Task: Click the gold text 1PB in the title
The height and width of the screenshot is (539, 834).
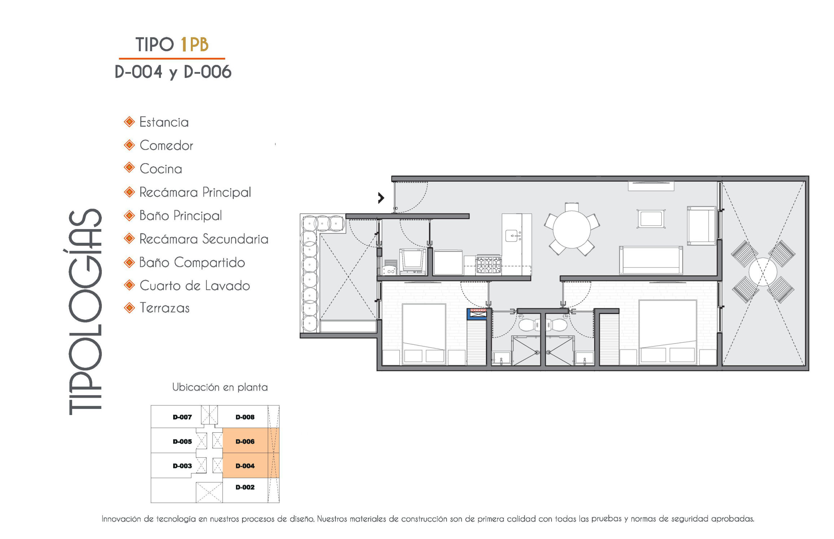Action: (194, 45)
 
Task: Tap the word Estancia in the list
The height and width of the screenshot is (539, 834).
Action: (164, 122)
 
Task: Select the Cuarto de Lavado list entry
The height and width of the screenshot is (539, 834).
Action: (194, 286)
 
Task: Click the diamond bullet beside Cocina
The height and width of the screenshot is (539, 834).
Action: (129, 168)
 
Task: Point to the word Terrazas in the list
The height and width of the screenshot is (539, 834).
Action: (164, 308)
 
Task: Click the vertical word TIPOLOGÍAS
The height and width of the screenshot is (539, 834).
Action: (85, 312)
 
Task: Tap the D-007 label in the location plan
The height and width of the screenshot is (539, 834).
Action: (182, 417)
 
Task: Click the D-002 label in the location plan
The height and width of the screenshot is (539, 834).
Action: (245, 487)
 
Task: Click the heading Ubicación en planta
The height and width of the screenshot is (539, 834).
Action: (220, 387)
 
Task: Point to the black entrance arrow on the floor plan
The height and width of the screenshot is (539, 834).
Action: (381, 198)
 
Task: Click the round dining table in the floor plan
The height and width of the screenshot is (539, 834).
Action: (571, 229)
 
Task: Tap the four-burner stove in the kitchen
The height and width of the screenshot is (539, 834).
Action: (488, 265)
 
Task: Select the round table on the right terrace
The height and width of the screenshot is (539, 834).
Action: (763, 272)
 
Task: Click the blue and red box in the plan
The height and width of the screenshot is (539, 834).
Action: (477, 314)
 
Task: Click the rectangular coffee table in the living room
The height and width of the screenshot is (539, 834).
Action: (651, 219)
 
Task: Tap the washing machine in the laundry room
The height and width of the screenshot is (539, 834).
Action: (412, 262)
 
